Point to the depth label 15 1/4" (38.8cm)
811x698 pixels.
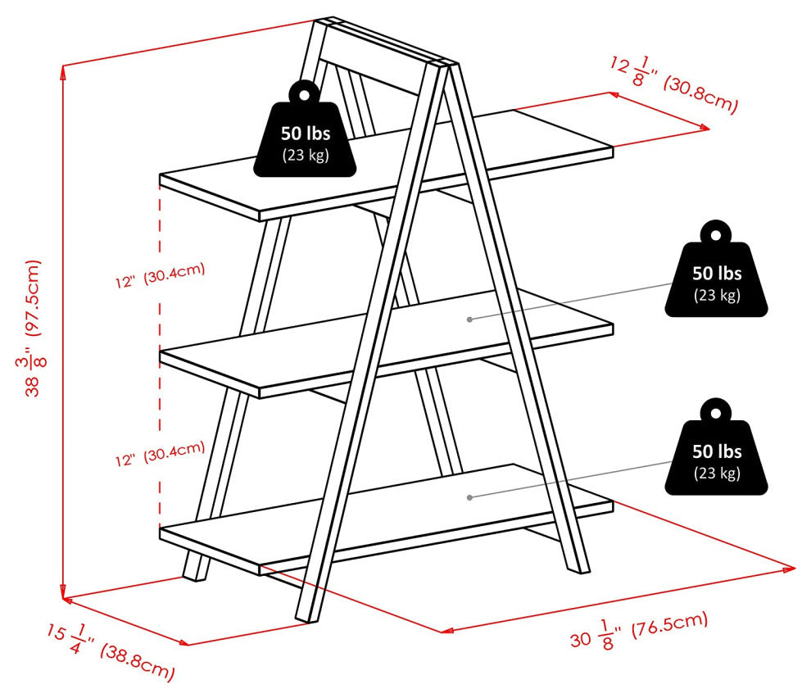111,650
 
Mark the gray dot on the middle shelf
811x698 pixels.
469,319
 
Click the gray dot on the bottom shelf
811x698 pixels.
469,496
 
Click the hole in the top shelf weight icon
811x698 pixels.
305,93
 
